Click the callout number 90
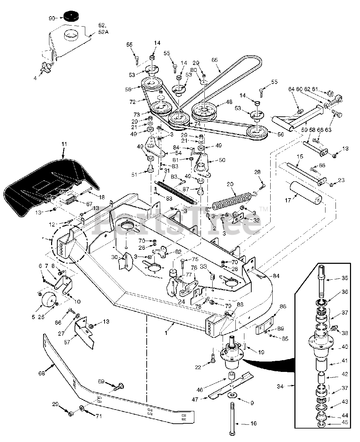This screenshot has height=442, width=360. [x=51, y=18]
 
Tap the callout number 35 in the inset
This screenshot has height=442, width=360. [x=345, y=278]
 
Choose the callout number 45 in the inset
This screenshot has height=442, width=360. [x=345, y=422]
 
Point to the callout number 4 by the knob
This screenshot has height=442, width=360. [x=35, y=78]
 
